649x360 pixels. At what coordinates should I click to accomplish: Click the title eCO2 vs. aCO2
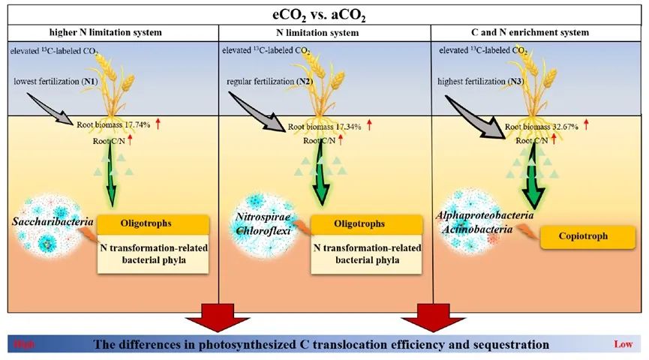[x=325, y=13]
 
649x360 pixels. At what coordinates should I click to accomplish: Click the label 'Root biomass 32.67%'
[x=542, y=127]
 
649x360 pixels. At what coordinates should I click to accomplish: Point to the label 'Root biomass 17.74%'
[x=113, y=126]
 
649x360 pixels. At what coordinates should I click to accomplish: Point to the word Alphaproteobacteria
[x=485, y=215]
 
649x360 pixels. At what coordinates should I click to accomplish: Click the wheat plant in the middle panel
[x=324, y=90]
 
